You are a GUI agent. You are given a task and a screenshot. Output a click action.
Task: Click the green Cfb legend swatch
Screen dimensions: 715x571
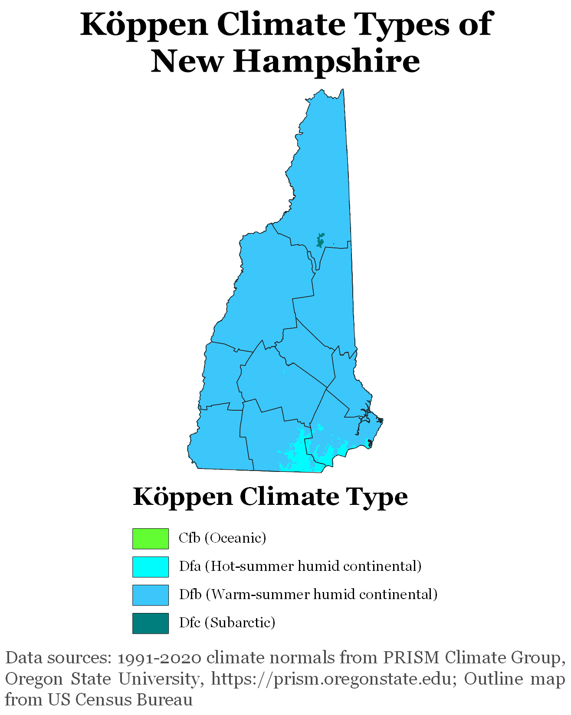coord(150,538)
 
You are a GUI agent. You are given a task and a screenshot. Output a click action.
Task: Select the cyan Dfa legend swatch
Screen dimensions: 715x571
coord(150,567)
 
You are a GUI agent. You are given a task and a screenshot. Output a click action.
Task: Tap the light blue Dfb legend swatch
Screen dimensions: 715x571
coord(150,595)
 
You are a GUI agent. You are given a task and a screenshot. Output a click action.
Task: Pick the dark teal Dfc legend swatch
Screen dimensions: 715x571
coord(150,623)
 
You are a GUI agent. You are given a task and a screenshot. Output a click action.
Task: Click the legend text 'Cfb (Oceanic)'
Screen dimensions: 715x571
coord(222,538)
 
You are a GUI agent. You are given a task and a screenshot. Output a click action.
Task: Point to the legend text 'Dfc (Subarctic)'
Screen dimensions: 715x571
coord(227,623)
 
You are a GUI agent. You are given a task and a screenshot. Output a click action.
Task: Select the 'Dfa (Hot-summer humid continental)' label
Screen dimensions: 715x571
coord(300,566)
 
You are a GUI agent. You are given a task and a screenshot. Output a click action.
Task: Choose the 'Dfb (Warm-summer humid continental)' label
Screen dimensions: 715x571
coord(308,594)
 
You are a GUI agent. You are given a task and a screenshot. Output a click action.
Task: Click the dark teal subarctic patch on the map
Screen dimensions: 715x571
coord(320,240)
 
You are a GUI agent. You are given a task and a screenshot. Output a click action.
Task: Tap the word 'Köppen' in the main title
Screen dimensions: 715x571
coord(144,25)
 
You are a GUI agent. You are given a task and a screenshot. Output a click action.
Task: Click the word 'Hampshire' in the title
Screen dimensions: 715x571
coord(326,61)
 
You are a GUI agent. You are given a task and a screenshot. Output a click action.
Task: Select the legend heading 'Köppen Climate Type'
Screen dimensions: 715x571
coord(270,497)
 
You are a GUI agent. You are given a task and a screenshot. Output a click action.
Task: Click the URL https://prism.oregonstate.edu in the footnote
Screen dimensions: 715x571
coord(331,679)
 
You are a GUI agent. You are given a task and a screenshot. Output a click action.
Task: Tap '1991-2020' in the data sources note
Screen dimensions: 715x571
coord(159,658)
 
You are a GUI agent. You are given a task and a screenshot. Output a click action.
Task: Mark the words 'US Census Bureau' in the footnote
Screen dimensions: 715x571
coord(120,700)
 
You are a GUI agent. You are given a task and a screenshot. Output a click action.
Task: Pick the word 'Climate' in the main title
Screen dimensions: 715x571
coord(281,25)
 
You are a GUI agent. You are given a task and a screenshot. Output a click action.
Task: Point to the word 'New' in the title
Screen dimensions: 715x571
coord(187,61)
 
